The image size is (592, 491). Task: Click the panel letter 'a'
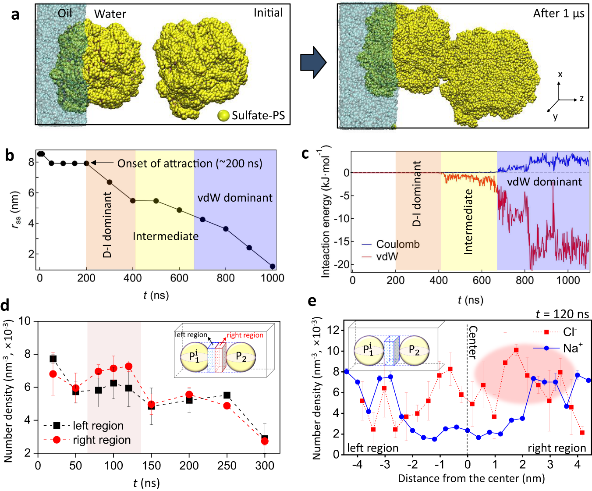pos(15,15)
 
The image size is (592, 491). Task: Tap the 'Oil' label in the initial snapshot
pos(65,14)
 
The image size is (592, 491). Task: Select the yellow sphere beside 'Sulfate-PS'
pos(223,116)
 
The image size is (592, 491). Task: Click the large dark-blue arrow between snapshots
pos(313,63)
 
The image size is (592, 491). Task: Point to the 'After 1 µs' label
pos(558,14)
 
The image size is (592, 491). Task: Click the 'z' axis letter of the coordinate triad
pos(581,99)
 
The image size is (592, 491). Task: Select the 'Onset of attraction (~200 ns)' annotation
pos(189,164)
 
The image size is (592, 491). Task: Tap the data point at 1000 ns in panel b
pos(273,266)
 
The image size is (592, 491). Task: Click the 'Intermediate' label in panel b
pos(166,236)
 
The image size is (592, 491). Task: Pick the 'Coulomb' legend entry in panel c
pos(397,244)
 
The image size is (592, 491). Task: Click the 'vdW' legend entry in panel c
pos(387,256)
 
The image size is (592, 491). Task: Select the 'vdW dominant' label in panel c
pos(544,182)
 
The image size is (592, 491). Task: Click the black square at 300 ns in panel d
pos(265,438)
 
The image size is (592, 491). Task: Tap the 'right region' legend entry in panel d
pos(102,440)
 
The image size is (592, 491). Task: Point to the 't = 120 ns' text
pos(562,314)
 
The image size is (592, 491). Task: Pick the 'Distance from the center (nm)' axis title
pos(471,478)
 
